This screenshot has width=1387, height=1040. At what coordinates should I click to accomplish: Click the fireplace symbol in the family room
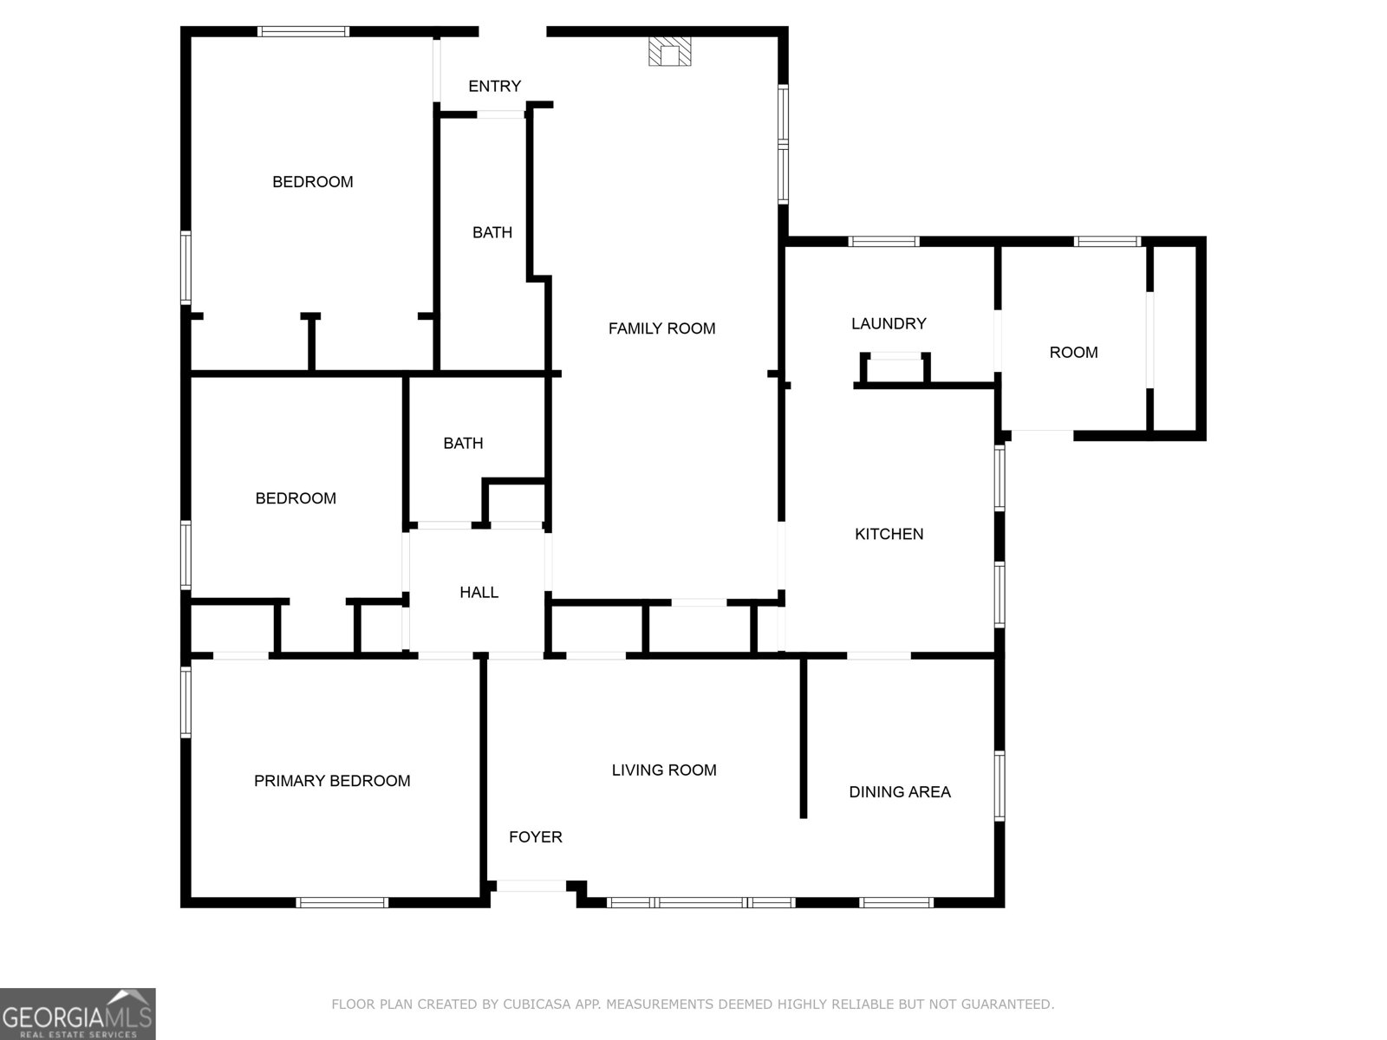tap(670, 52)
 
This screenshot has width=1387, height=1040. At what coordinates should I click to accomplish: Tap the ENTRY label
tap(494, 86)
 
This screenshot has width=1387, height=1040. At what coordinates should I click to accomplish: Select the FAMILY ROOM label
tap(661, 328)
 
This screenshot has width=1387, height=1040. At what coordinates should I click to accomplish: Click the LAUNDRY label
tap(889, 323)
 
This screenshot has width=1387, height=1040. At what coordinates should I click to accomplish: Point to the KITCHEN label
tap(889, 534)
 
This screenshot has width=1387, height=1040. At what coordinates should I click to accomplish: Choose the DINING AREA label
tap(899, 791)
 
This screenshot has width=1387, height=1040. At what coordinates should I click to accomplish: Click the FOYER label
tap(535, 836)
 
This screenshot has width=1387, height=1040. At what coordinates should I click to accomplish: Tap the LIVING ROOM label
tap(664, 770)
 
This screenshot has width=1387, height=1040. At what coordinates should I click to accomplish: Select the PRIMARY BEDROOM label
tap(332, 781)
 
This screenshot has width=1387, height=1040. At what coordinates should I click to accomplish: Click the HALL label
tap(479, 592)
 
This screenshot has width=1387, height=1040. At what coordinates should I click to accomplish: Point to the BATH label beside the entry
tap(492, 232)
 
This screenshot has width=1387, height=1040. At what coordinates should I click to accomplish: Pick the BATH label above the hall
tap(463, 443)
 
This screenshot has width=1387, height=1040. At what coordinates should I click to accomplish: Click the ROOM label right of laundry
tap(1073, 352)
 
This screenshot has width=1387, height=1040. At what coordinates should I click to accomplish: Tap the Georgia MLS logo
tap(77, 1013)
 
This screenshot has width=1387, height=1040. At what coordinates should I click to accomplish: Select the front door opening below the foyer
tap(531, 886)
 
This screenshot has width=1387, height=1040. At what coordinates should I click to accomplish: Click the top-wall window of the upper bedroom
tap(303, 32)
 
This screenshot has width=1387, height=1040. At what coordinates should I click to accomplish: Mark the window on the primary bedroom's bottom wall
tap(342, 902)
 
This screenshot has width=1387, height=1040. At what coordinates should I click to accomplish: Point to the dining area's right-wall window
tap(1000, 785)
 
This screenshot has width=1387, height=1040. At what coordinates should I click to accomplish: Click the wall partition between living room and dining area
tap(804, 737)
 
